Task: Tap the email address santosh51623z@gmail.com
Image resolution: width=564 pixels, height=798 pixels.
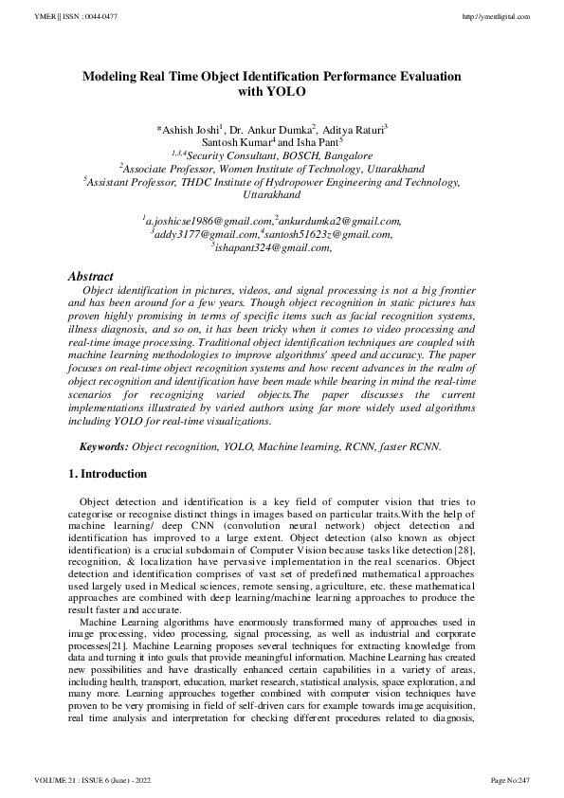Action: pyautogui.click(x=328, y=234)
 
